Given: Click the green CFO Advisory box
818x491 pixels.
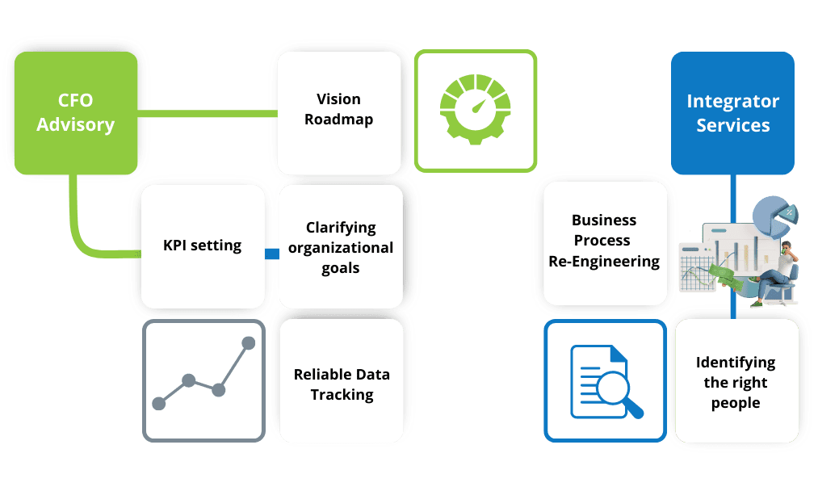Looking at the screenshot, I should tap(76, 113).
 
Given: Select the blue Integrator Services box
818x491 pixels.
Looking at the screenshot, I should tap(732, 113).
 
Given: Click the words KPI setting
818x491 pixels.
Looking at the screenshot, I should tap(202, 245).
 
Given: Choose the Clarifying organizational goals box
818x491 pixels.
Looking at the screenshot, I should tap(340, 247).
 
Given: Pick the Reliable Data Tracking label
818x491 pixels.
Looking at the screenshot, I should tap(342, 384).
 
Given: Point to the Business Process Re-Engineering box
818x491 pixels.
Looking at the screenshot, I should tap(604, 241).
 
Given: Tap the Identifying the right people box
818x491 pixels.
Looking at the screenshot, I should tap(735, 382).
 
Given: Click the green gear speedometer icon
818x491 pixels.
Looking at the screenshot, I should tap(476, 111).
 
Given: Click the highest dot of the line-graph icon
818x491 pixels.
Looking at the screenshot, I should tap(248, 343).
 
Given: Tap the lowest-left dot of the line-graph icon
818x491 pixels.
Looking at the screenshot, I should tap(158, 401).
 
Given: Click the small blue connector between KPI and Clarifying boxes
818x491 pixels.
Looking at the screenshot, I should tap(271, 254).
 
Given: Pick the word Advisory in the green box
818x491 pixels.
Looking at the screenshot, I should tap(76, 125).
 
